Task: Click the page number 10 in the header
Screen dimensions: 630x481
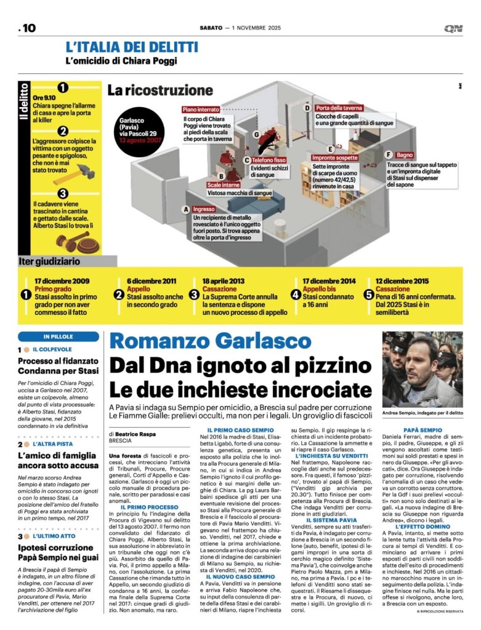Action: [x=28, y=28]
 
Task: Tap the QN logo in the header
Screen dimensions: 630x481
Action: [x=455, y=28]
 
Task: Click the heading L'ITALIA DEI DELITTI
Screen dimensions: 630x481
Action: [x=132, y=47]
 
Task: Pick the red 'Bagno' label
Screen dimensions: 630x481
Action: [x=405, y=155]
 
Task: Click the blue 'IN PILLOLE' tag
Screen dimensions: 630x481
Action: [x=59, y=337]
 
